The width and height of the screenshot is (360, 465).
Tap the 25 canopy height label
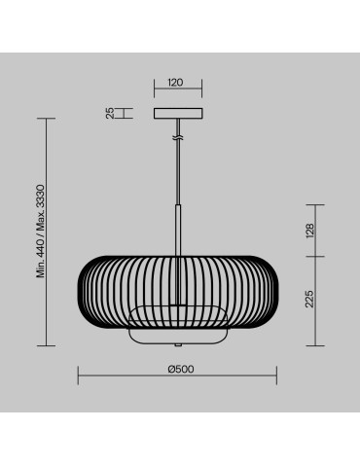pyautogui.click(x=111, y=113)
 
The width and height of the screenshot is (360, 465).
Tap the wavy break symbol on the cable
pyautogui.click(x=176, y=140)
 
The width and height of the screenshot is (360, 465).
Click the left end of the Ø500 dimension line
pyautogui.click(x=78, y=377)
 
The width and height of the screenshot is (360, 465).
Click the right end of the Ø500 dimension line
pyautogui.click(x=275, y=377)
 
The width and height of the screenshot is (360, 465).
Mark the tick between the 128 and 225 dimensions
pyautogui.click(x=314, y=256)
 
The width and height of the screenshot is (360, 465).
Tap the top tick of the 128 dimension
pyautogui.click(x=314, y=205)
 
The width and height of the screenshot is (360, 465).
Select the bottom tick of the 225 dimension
pyautogui.click(x=314, y=346)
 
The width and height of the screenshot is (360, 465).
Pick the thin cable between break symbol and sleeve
pyautogui.click(x=176, y=175)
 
